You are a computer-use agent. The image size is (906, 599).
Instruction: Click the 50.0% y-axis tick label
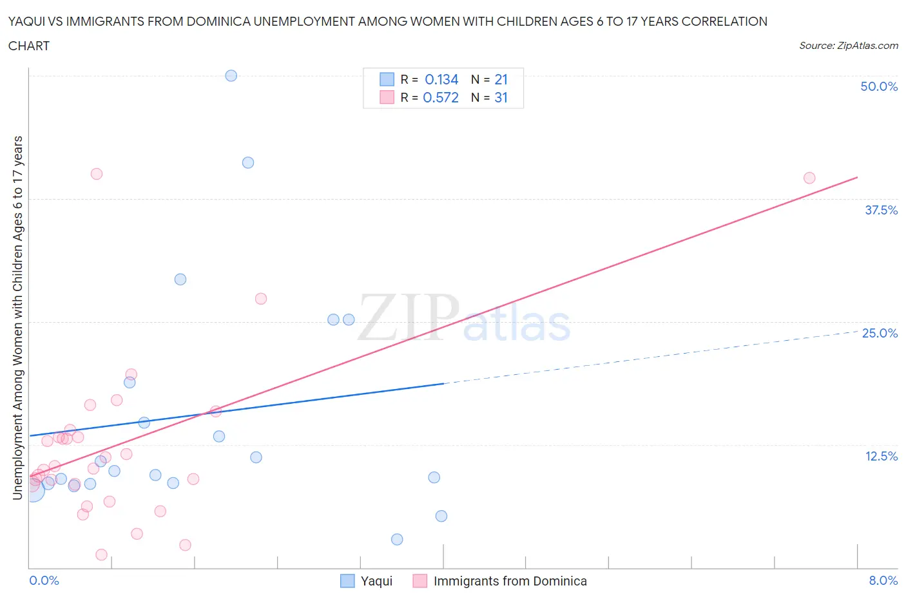[879, 86]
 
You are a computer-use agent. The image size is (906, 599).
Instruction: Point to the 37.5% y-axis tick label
[881, 210]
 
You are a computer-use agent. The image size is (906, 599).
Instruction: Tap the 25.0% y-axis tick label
[880, 333]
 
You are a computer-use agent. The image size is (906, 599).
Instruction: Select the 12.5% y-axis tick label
[881, 456]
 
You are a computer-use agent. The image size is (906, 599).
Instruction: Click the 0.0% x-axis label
[44, 580]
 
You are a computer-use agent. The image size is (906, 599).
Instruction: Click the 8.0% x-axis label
[883, 580]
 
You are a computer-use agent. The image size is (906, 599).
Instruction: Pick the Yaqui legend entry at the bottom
[366, 581]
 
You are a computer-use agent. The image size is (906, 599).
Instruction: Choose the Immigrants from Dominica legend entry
[500, 581]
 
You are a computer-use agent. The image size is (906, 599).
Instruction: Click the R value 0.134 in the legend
[441, 79]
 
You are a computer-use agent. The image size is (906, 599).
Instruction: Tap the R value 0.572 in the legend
[441, 97]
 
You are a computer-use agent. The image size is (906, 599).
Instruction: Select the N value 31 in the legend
[501, 97]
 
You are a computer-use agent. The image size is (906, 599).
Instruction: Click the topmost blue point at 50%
[231, 75]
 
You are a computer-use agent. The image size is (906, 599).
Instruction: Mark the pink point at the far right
[809, 178]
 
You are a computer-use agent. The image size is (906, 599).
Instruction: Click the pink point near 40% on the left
[97, 173]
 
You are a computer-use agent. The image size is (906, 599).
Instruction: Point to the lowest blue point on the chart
[397, 539]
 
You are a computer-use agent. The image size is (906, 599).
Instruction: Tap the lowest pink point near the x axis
[101, 555]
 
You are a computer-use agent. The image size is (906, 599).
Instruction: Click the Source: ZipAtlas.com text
[848, 45]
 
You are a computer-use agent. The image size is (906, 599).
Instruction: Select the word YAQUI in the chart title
[28, 21]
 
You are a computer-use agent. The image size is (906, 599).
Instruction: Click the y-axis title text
[17, 318]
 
